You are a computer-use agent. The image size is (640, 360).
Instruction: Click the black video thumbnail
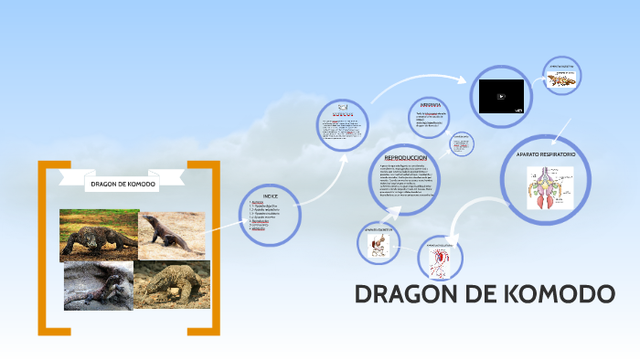[x=501, y=95]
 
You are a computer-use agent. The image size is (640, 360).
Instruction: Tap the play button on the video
[x=501, y=95]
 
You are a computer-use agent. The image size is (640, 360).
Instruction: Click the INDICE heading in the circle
[x=271, y=196]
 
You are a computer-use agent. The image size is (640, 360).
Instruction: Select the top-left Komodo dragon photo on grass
[x=99, y=235]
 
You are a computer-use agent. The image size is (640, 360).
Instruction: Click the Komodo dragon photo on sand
[x=173, y=235]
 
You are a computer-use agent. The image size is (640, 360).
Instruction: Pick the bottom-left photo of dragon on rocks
[x=99, y=285]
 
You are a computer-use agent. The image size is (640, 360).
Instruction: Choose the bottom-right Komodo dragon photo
[x=173, y=285]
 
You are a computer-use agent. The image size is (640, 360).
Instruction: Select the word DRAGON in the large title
[x=411, y=295]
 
